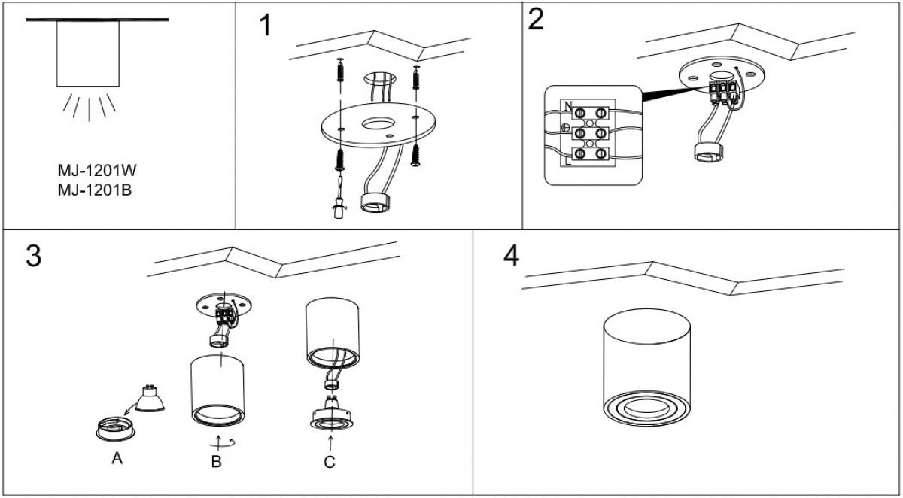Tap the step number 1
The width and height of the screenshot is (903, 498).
click(264, 26)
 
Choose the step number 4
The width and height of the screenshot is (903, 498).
click(511, 256)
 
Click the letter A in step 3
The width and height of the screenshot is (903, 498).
click(117, 457)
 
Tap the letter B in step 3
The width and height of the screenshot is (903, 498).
click(217, 462)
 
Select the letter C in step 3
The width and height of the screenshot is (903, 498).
click(330, 462)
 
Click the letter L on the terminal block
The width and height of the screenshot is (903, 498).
click(567, 160)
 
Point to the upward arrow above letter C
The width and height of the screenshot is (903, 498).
click(330, 443)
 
